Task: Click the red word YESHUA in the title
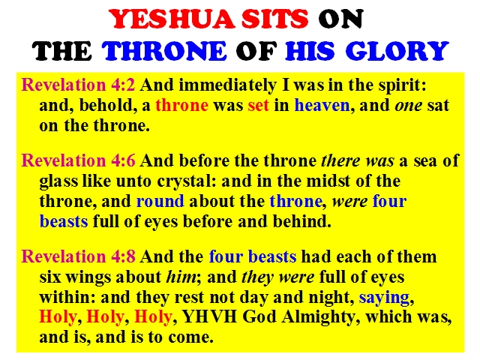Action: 172,19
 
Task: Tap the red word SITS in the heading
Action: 275,19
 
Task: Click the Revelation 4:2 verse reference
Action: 78,85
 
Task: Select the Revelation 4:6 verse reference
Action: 78,160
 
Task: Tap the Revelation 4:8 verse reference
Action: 78,256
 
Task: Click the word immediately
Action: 227,85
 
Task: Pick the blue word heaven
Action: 322,105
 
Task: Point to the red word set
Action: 258,106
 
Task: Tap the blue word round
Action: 160,201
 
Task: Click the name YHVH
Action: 209,316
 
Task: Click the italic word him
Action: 181,277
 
